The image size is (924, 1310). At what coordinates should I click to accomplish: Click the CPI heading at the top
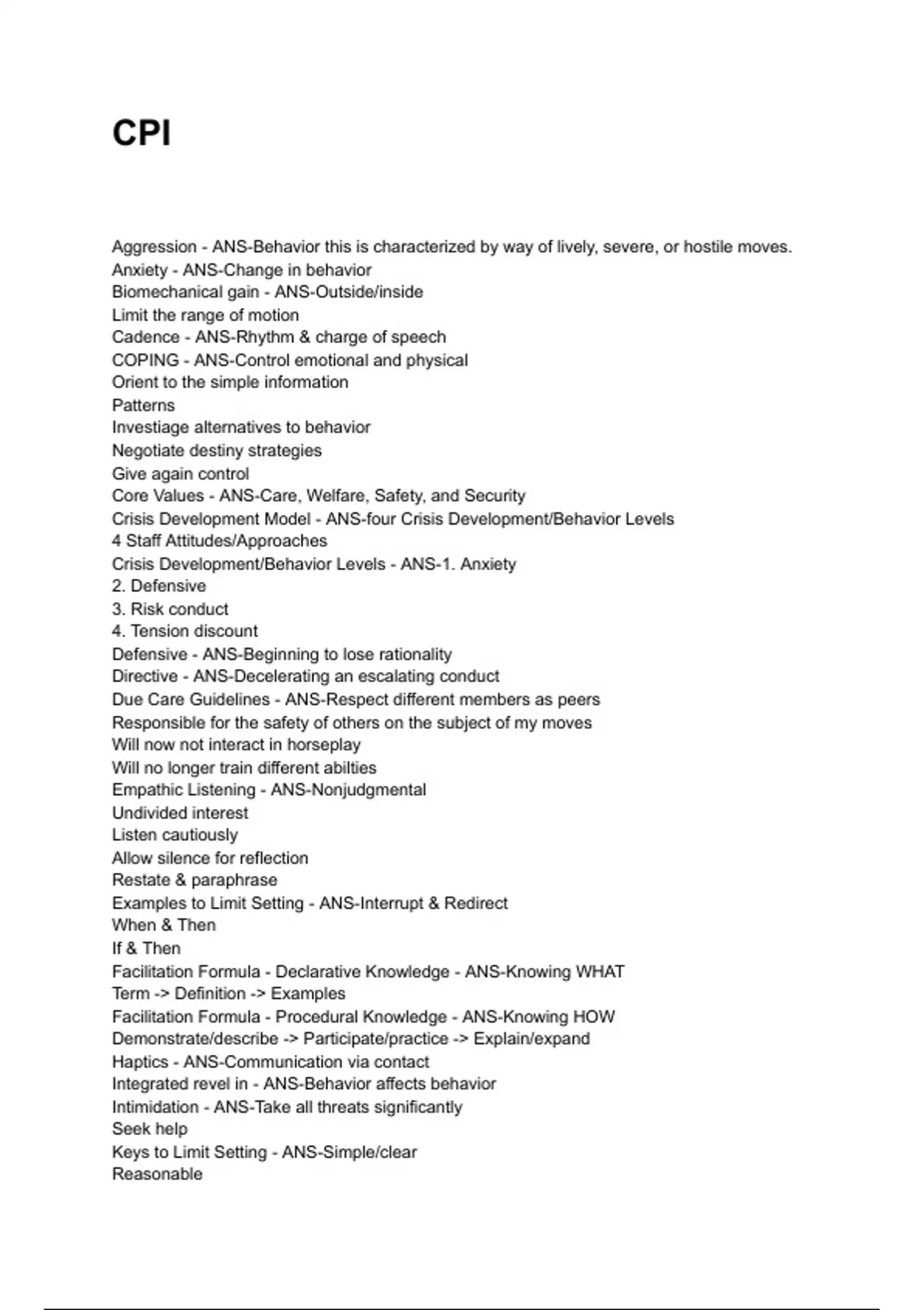(x=142, y=133)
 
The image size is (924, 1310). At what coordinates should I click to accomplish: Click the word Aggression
(x=154, y=247)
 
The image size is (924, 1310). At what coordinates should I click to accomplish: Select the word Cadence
(x=145, y=338)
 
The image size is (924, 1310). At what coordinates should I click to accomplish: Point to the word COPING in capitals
(x=145, y=361)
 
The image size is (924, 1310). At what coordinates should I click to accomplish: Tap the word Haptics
(x=139, y=1062)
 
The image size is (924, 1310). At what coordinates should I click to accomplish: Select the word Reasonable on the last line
(x=157, y=1174)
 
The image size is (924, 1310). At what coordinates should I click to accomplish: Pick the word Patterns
(x=143, y=405)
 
